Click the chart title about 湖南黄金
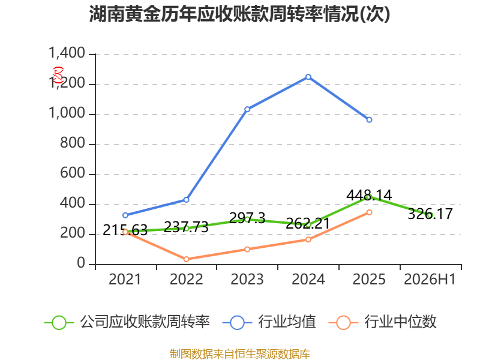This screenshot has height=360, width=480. (x=239, y=14)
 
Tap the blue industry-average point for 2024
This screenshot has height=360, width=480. (x=308, y=77)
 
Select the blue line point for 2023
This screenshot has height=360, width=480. (x=247, y=109)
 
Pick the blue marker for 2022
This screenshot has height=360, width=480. (x=186, y=200)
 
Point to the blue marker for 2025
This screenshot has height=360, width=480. (x=369, y=119)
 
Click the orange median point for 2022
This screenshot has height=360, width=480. (x=186, y=259)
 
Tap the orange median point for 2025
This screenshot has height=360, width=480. (x=369, y=212)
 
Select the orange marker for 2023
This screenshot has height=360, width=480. (x=247, y=249)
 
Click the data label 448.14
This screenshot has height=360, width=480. (x=369, y=195)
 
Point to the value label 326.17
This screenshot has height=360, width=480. (x=430, y=214)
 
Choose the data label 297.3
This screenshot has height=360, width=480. (x=247, y=218)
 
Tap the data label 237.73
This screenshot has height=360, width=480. (x=186, y=227)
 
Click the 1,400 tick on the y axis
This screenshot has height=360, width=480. (x=67, y=53)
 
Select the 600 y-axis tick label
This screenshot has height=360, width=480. (x=72, y=173)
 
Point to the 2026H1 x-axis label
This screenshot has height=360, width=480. (x=430, y=279)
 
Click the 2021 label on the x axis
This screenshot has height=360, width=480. (x=125, y=279)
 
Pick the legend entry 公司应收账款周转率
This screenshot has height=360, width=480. (x=127, y=322)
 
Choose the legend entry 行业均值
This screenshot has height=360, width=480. (x=269, y=322)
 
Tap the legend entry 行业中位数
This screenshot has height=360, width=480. (x=383, y=322)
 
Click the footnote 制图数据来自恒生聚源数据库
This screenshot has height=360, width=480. (x=240, y=353)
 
